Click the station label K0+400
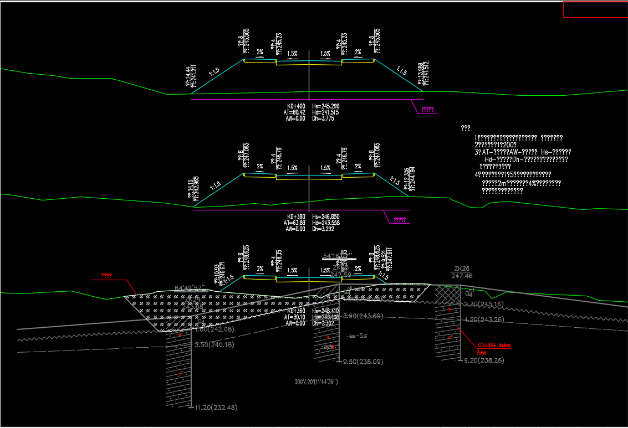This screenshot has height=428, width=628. [295, 106]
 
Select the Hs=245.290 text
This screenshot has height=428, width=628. [325, 106]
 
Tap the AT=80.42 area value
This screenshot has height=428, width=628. [294, 112]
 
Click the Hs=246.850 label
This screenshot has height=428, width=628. [325, 216]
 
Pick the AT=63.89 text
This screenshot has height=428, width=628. [294, 223]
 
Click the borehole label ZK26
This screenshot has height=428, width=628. [461, 269]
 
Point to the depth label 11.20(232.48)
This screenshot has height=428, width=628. [216, 408]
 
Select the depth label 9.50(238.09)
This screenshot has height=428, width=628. [363, 362]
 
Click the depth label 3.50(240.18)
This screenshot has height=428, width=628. [215, 344]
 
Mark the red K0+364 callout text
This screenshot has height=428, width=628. [493, 346]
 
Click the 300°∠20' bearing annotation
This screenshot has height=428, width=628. [316, 382]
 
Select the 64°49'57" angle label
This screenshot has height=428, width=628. [190, 287]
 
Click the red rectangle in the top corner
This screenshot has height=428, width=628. [595, 9]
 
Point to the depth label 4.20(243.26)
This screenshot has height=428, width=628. [484, 319]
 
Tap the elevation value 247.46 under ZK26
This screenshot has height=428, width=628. [462, 276]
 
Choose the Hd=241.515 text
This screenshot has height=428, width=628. [325, 112]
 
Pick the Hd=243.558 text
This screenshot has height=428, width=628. [325, 223]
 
